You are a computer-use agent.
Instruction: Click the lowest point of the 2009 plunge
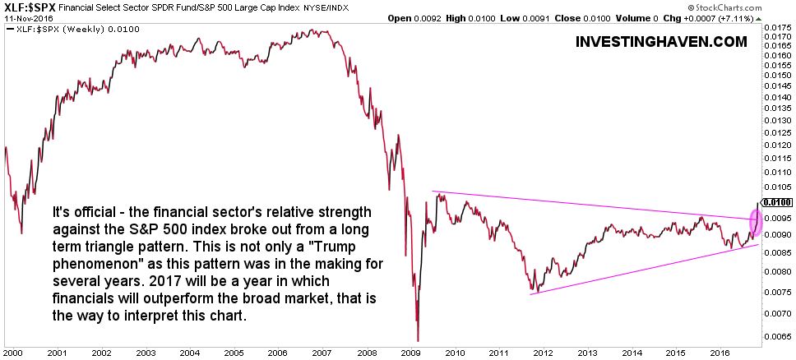(x=418, y=339)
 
